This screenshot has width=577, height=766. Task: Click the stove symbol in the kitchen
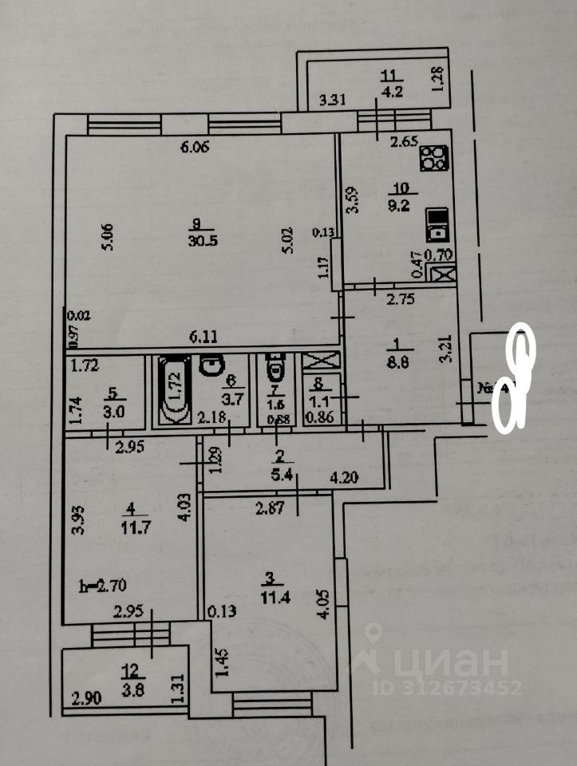point(433,159)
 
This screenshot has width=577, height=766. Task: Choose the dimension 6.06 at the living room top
point(195,147)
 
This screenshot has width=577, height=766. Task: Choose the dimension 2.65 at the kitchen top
point(405,143)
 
